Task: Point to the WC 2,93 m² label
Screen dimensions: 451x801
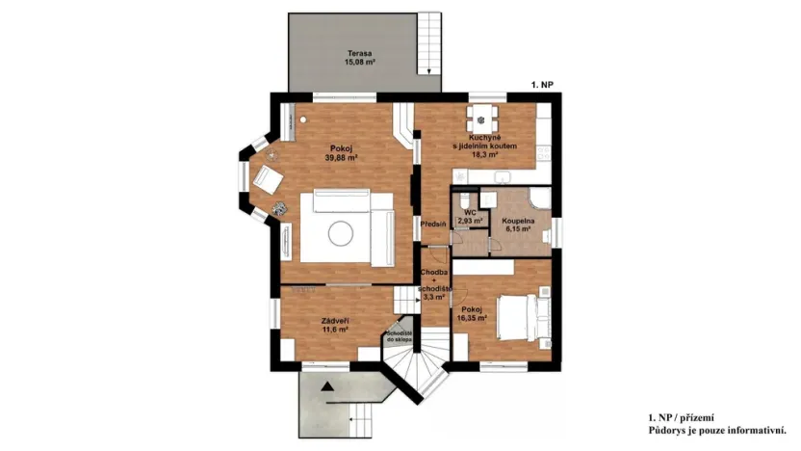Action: pos(470,217)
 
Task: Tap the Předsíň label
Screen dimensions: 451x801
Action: pos(432,224)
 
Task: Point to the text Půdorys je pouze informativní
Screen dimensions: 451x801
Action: pos(718,430)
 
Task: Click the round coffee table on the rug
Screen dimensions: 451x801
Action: pos(343,231)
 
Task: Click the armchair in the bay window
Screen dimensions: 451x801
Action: pos(266,178)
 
